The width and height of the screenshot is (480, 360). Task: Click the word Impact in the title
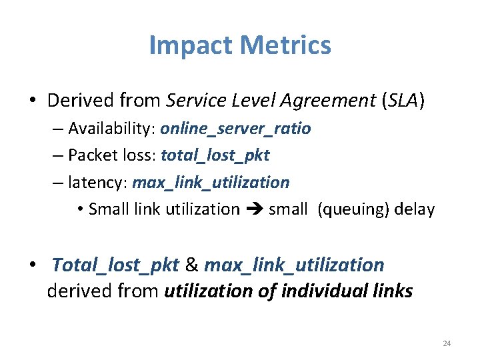[191, 45]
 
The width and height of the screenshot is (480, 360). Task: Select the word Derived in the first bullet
[83, 101]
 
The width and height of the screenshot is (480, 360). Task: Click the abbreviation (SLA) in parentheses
[403, 101]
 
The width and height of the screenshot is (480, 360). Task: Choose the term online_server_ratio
[235, 129]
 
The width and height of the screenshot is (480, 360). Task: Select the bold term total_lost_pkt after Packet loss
[215, 155]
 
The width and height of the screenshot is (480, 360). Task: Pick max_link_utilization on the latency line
[211, 182]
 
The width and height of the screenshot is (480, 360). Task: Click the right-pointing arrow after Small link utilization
[254, 209]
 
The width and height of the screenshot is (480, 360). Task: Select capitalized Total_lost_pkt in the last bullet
[115, 265]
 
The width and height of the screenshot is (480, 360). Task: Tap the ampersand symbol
[191, 265]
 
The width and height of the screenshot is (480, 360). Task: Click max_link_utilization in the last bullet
[294, 265]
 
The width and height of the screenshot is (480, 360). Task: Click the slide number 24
[447, 343]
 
